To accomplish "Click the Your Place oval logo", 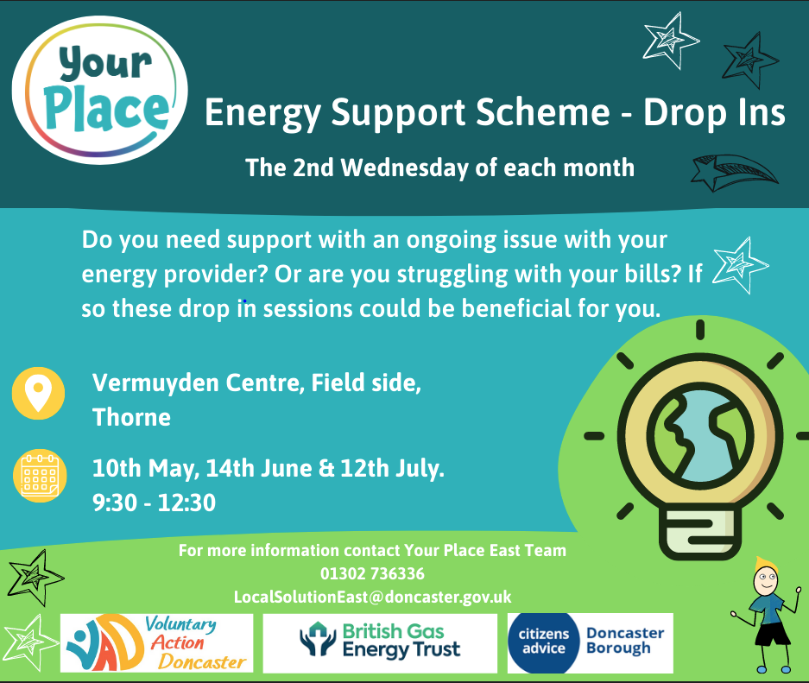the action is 99,90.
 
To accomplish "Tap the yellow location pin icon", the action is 38,393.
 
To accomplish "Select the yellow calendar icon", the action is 40,476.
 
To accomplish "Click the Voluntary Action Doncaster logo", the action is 157,642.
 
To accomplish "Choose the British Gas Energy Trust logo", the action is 380,642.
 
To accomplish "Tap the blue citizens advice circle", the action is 544,642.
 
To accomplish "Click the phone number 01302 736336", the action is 372,573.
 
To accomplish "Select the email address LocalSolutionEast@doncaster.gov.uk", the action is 372,597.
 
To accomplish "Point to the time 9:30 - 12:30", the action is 154,503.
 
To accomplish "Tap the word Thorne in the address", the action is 131,417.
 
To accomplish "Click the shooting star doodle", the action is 735,173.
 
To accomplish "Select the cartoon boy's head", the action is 766,577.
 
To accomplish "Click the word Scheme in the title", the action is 543,112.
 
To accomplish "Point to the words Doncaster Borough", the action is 625,640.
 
